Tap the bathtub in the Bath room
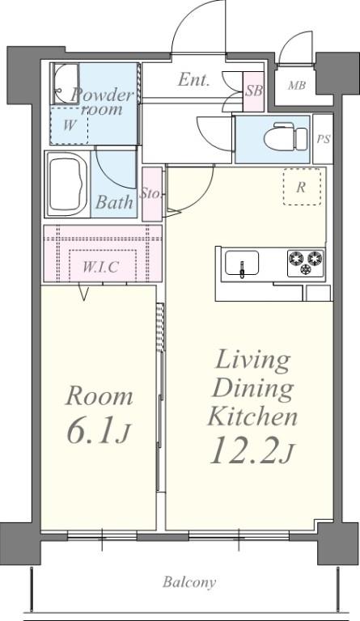[67, 184]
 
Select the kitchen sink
[242, 263]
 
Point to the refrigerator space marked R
[302, 188]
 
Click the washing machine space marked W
[70, 125]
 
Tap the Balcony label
[189, 582]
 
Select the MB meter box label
[297, 85]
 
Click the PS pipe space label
[323, 139]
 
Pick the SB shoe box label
[253, 91]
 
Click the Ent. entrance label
[193, 80]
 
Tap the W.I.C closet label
[100, 267]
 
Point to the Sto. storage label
[151, 194]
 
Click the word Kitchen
[252, 416]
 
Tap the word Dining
[253, 389]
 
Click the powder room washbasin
[66, 83]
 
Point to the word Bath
[114, 202]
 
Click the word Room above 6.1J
[99, 396]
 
